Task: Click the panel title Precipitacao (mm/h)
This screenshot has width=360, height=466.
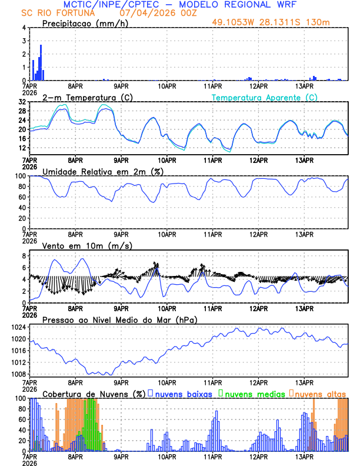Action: click(x=84, y=24)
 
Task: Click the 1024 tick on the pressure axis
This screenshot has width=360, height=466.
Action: click(x=20, y=327)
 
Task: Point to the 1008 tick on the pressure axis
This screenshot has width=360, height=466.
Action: click(x=20, y=374)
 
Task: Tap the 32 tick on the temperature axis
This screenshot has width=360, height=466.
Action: click(x=22, y=102)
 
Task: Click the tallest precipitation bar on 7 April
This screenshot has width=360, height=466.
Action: click(x=41, y=62)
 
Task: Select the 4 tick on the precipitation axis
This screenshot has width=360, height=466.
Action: click(x=24, y=28)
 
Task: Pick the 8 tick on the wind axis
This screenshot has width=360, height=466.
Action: click(x=24, y=256)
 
